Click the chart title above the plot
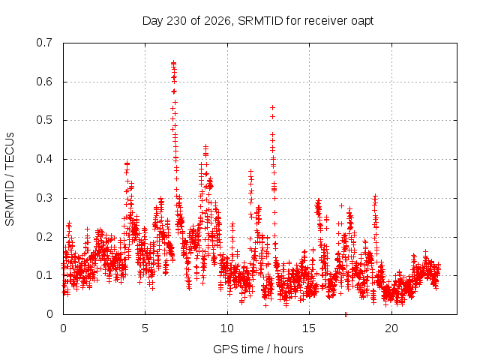[x=258, y=21]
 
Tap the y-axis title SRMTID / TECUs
[x=10, y=179]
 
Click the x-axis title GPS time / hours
[x=258, y=349]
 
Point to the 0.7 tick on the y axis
[x=44, y=43]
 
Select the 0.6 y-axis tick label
[x=44, y=82]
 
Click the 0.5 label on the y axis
[x=44, y=120]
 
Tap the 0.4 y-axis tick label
[x=44, y=159]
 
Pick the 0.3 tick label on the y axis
[x=44, y=198]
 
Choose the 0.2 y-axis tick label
[x=44, y=237]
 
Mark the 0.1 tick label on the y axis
[x=44, y=275]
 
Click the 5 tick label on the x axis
[x=145, y=328]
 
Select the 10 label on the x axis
[x=226, y=328]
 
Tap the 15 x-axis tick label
[x=309, y=328]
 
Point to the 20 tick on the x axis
[x=391, y=328]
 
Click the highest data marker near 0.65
[x=173, y=63]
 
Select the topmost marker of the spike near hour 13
[x=272, y=107]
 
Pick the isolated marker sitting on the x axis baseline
[x=346, y=314]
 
